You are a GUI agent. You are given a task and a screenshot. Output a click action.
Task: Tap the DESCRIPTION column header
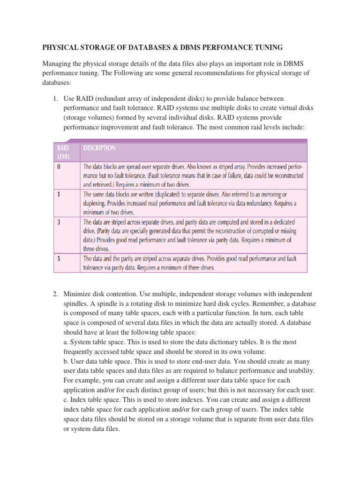[x=99, y=148]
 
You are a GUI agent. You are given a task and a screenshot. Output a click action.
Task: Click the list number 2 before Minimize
[x=55, y=294]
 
